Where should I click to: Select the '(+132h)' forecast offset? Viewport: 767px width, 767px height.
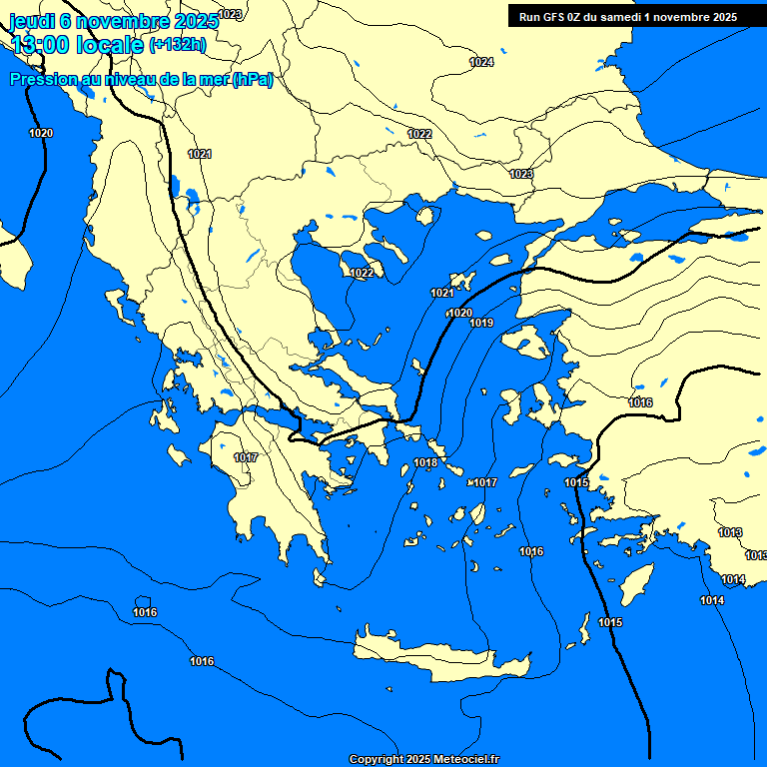pos(178,44)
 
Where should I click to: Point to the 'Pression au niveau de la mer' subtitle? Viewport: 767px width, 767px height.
pos(141,80)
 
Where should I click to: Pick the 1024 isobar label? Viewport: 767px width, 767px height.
pos(481,62)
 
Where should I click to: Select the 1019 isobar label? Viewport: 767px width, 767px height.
pos(481,323)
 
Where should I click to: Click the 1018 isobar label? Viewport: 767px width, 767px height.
pos(425,462)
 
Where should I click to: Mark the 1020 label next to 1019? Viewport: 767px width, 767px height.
pos(459,313)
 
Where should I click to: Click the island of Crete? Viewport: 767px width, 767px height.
pos(439,654)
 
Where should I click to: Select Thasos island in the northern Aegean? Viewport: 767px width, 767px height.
pos(426,215)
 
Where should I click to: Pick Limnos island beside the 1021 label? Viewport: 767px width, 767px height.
pos(461,281)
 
